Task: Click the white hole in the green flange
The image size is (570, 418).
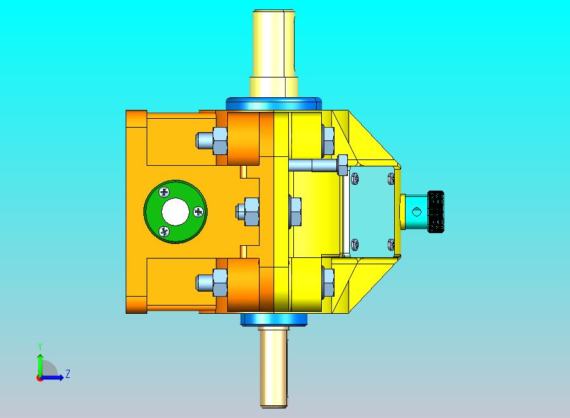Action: pos(175,212)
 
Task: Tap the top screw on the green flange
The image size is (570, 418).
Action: pos(164,192)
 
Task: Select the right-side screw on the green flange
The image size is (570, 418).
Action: pos(199,212)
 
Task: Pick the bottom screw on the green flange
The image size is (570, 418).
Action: pos(164,231)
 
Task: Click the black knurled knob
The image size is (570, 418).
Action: pos(436,212)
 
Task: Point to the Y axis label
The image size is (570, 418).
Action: pos(40,346)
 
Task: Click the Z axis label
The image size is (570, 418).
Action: pos(68,374)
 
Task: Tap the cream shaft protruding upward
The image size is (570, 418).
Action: pos(274,53)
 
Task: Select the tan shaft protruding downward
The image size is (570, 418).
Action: pos(274,367)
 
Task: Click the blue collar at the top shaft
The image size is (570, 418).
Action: pos(274,104)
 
